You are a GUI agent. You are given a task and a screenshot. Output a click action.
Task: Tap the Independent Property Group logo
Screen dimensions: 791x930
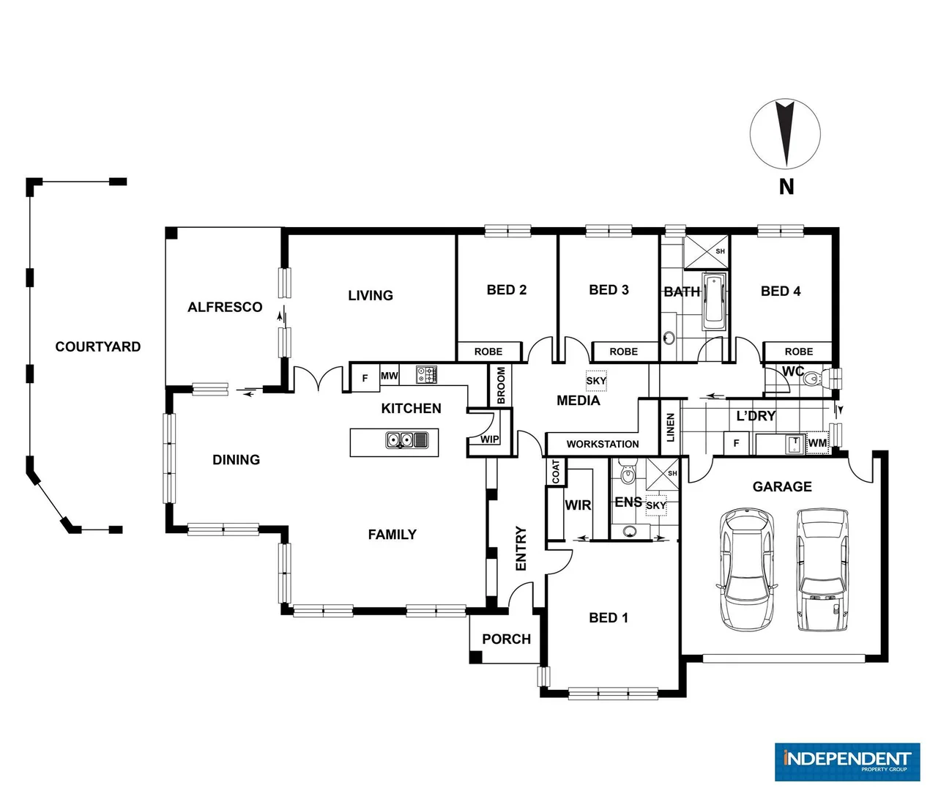click(x=847, y=762)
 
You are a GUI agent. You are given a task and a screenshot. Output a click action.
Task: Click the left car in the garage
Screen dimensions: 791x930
click(x=747, y=569)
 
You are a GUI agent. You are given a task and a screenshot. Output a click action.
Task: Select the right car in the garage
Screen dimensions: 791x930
click(x=822, y=569)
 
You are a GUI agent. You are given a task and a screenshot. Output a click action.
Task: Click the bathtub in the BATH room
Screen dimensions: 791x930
click(x=714, y=302)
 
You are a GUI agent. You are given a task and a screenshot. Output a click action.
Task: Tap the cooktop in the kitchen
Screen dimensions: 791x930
click(x=427, y=375)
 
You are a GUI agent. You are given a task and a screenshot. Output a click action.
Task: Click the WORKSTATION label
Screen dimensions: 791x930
click(x=602, y=444)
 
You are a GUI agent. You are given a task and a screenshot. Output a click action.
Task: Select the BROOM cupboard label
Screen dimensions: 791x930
click(x=501, y=385)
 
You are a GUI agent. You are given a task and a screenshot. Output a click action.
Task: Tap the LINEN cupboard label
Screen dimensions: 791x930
click(x=670, y=427)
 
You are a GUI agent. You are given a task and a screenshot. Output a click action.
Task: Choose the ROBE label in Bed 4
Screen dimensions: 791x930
click(x=798, y=352)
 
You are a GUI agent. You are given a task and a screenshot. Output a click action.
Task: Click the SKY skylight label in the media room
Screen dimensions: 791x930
click(x=596, y=381)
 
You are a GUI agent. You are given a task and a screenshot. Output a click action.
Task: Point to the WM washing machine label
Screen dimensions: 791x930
click(x=817, y=443)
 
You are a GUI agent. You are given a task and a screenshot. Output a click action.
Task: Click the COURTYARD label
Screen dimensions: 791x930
click(x=98, y=346)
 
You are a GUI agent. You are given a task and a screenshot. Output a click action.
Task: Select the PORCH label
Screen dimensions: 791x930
click(x=506, y=639)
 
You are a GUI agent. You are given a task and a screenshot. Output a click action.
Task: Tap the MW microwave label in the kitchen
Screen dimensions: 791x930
click(x=389, y=376)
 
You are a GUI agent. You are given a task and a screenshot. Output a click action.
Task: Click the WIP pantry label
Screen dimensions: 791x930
click(x=489, y=439)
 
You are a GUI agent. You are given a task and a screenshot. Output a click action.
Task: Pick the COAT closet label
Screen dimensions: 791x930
click(x=556, y=472)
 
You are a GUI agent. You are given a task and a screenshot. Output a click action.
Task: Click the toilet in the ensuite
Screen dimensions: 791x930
click(x=628, y=475)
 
